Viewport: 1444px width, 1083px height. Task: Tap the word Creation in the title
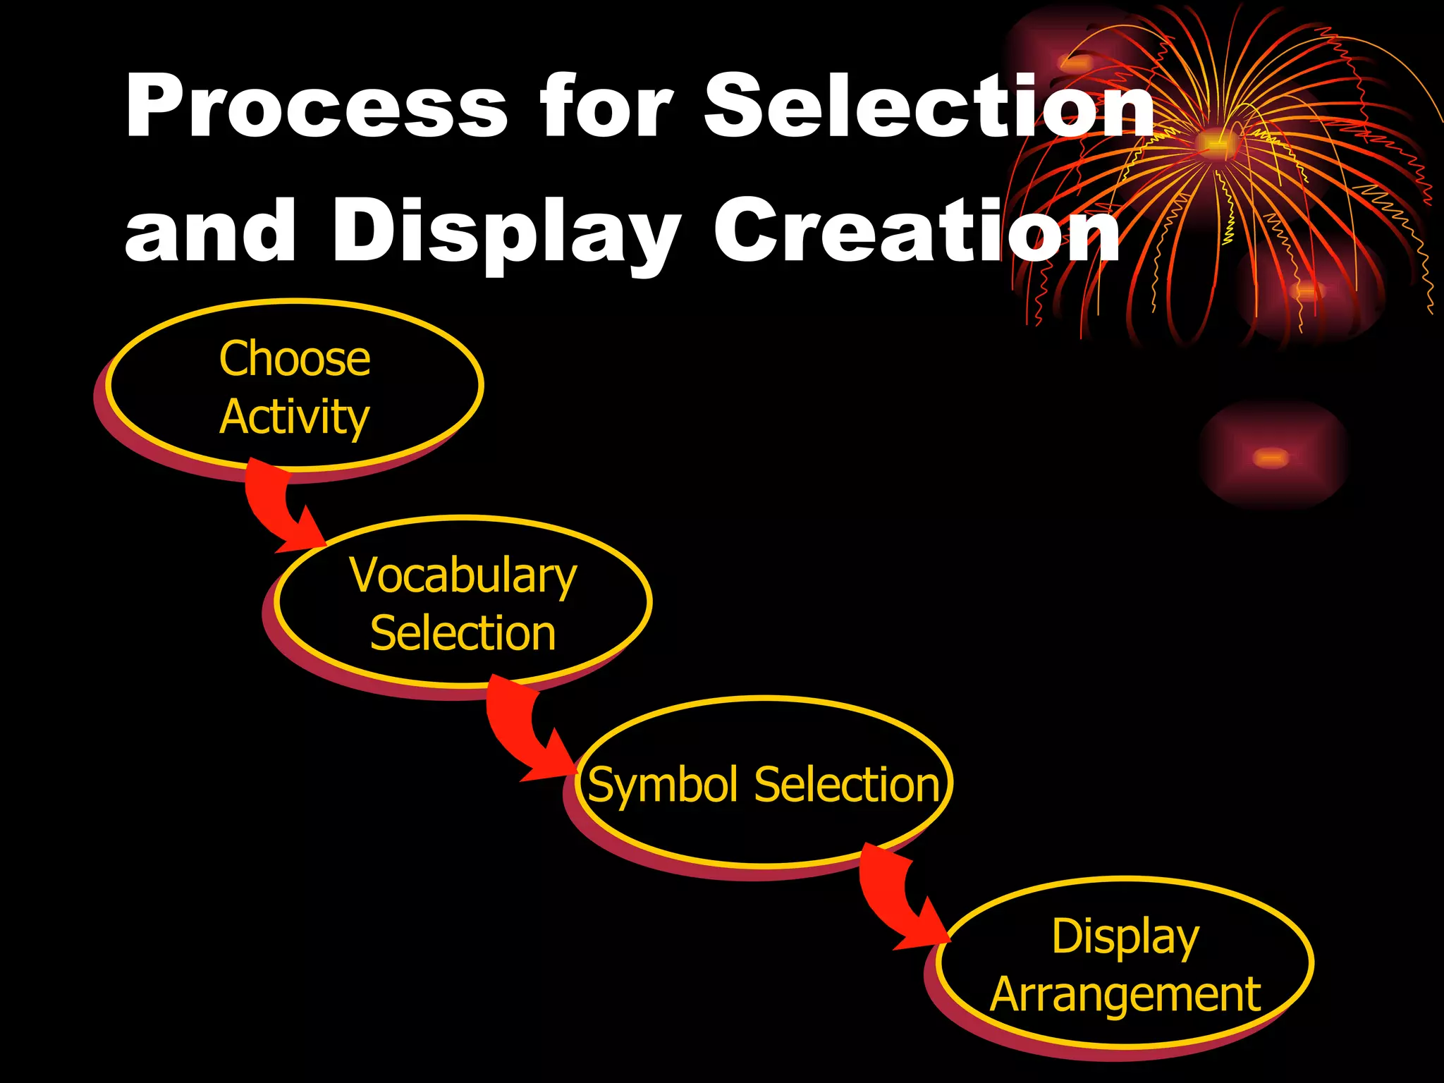pos(917,231)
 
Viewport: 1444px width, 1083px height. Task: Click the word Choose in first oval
pos(295,359)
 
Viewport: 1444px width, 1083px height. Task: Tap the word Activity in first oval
pos(295,417)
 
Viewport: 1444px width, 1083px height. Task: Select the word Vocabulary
pos(463,576)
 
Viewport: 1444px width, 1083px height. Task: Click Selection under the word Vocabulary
pos(463,633)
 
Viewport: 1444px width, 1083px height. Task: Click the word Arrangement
pos(1125,995)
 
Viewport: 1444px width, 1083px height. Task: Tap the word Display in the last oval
pos(1125,937)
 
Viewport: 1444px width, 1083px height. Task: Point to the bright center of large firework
pos(1214,143)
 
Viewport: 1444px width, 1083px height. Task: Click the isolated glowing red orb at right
pos(1271,458)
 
